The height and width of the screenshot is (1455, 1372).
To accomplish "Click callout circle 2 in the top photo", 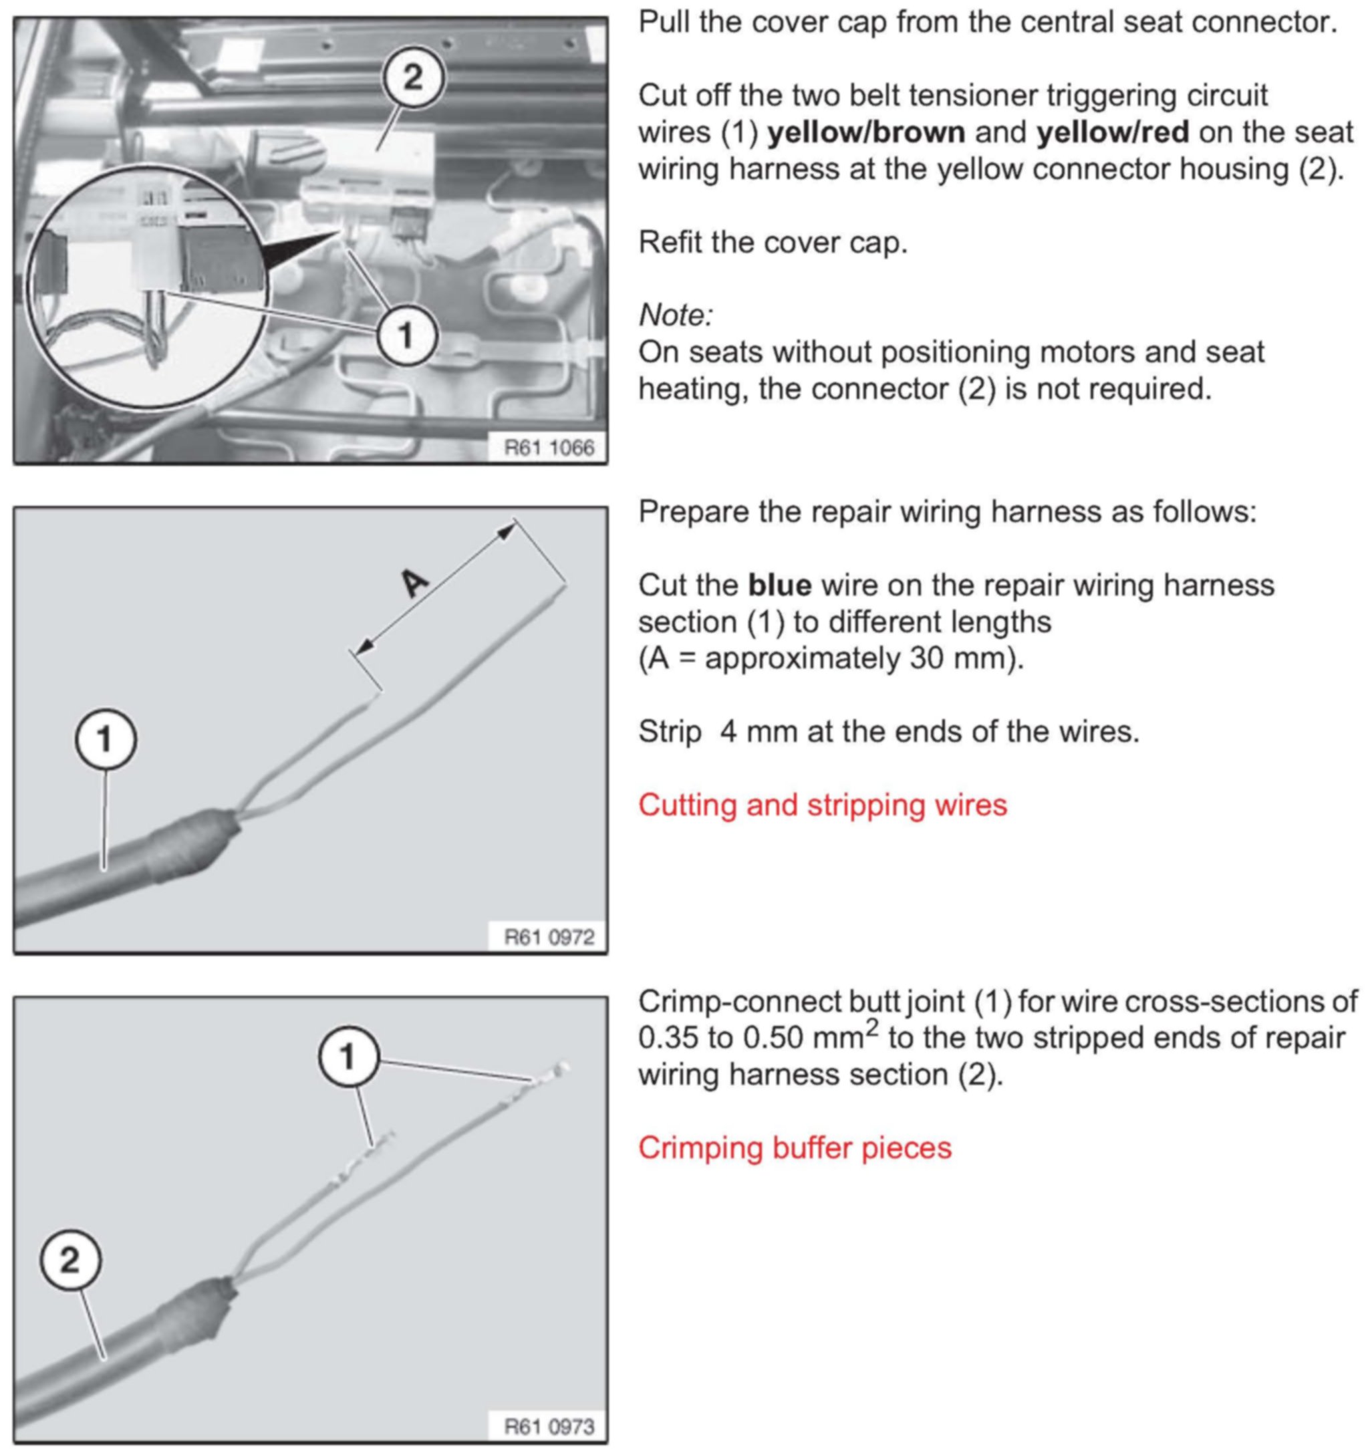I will pyautogui.click(x=414, y=78).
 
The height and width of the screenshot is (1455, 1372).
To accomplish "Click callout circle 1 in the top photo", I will pyautogui.click(x=407, y=336).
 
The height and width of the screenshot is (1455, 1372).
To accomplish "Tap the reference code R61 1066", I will pyautogui.click(x=549, y=447).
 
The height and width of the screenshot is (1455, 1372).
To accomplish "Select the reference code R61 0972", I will pyautogui.click(x=549, y=937).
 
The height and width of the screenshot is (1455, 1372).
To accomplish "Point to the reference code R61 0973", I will pyautogui.click(x=549, y=1426).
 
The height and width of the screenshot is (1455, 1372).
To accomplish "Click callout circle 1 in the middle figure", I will pyautogui.click(x=106, y=739).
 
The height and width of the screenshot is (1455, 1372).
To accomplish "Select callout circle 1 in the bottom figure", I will pyautogui.click(x=348, y=1056).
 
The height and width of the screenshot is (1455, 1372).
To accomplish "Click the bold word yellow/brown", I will pyautogui.click(x=865, y=132).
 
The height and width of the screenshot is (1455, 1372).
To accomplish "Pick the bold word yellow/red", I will pyautogui.click(x=1112, y=132).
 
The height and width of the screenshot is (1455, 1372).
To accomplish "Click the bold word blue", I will pyautogui.click(x=779, y=585).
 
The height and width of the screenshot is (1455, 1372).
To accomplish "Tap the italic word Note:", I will pyautogui.click(x=676, y=315).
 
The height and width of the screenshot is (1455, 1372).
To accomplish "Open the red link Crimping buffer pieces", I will pyautogui.click(x=795, y=1148).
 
